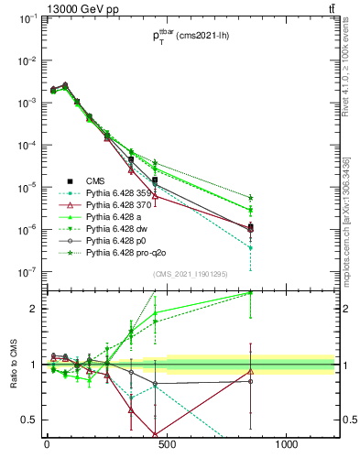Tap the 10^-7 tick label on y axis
pos(29,272)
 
